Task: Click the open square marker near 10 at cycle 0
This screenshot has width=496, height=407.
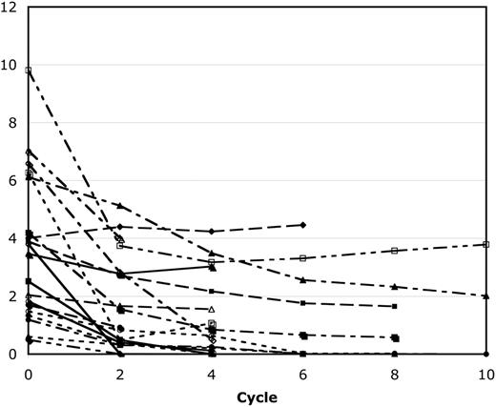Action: [x=29, y=71]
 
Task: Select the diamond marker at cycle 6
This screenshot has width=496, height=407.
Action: [x=302, y=225]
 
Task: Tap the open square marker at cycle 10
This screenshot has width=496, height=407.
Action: [x=486, y=245]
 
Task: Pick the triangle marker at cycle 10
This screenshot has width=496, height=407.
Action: [x=486, y=295]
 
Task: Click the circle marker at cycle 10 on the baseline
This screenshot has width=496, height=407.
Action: [x=486, y=354]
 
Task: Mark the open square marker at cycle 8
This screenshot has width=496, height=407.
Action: [x=394, y=251]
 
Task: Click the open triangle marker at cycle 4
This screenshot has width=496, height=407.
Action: [x=211, y=309]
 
